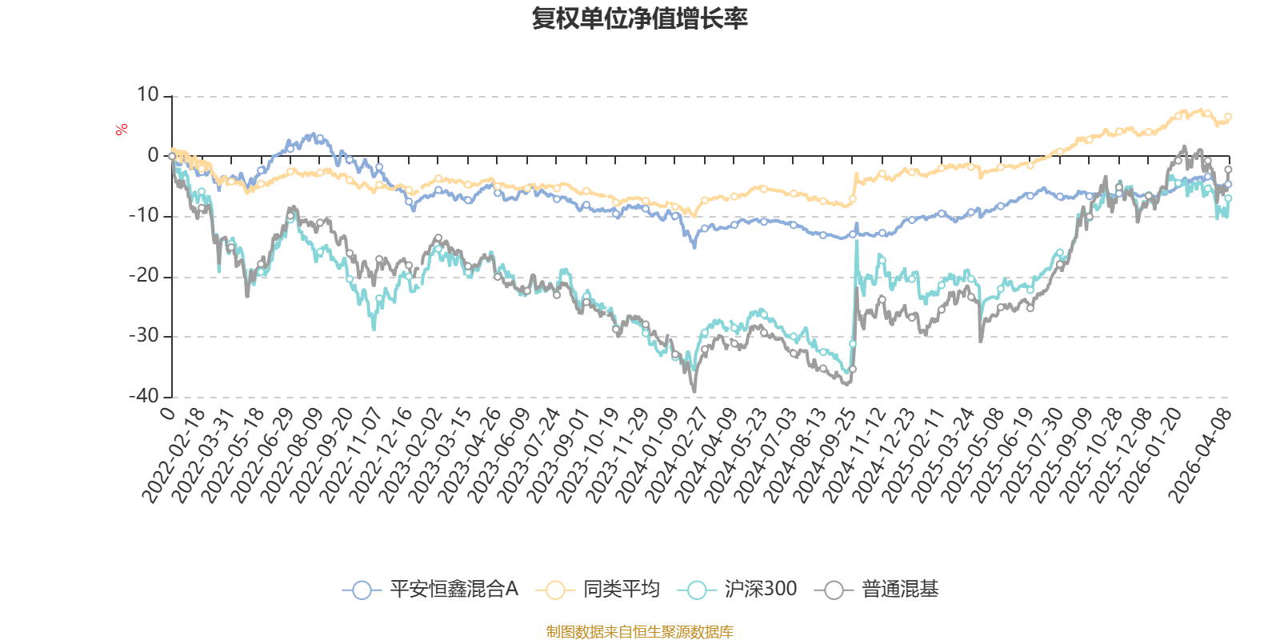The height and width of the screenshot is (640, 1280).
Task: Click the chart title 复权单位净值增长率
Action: point(639,18)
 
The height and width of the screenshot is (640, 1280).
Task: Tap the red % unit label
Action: point(122,130)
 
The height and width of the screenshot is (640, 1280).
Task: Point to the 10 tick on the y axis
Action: point(148,95)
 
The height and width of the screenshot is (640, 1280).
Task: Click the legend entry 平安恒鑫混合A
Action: point(454,590)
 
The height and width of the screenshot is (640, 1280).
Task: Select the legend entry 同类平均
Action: point(621,590)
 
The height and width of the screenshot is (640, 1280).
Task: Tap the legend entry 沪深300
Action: point(760,590)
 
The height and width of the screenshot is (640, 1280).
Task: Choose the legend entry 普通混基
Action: point(900,590)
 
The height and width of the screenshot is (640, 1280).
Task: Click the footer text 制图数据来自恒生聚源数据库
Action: point(639,632)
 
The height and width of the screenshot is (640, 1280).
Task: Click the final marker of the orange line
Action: point(1228,117)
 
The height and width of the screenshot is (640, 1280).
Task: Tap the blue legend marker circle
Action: point(362,590)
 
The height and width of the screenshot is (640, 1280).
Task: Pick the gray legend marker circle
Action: point(834,590)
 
